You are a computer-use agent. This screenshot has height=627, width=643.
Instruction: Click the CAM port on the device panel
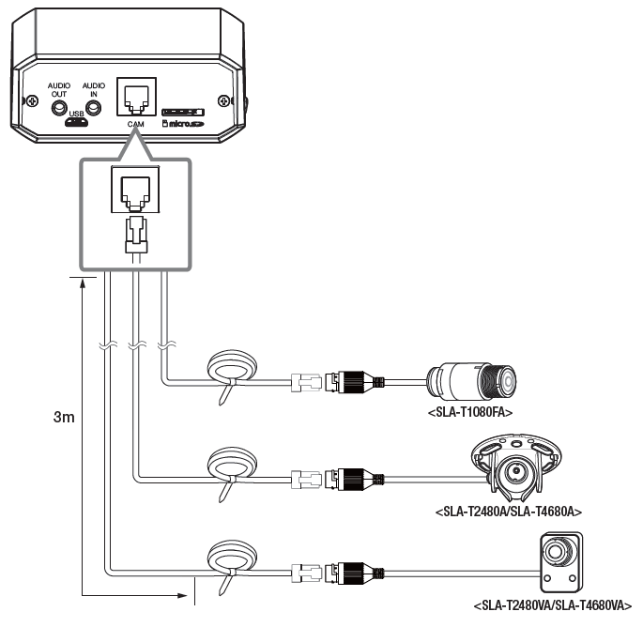(134, 97)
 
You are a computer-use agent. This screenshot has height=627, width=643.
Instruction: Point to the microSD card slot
(184, 112)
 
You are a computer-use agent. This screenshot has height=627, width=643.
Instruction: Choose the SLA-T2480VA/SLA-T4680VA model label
(552, 605)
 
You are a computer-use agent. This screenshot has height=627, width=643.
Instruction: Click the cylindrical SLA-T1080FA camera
(468, 381)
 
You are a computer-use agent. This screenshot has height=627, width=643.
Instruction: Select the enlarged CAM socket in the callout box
(134, 189)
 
